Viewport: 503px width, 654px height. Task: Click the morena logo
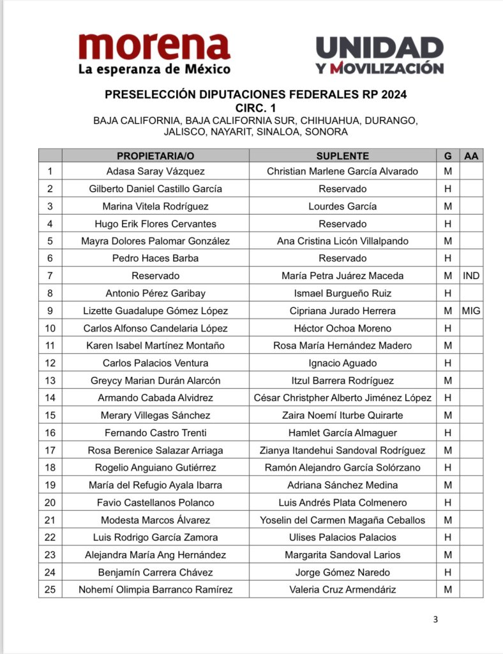154,54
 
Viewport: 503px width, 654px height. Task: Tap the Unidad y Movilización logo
379,55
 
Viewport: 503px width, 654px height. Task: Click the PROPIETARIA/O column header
155,156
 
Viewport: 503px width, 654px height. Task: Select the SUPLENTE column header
343,156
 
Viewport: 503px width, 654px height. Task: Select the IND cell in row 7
471,276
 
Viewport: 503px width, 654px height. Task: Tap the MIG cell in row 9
471,311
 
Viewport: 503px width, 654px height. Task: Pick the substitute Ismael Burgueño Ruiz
343,294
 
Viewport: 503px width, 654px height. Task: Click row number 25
50,589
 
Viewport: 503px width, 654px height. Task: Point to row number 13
50,381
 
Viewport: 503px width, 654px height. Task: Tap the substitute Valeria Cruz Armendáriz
343,589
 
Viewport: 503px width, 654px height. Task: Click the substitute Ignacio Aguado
343,363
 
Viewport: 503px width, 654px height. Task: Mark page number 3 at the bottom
435,619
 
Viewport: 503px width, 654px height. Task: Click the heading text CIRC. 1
255,107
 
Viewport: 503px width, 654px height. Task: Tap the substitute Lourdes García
343,206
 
